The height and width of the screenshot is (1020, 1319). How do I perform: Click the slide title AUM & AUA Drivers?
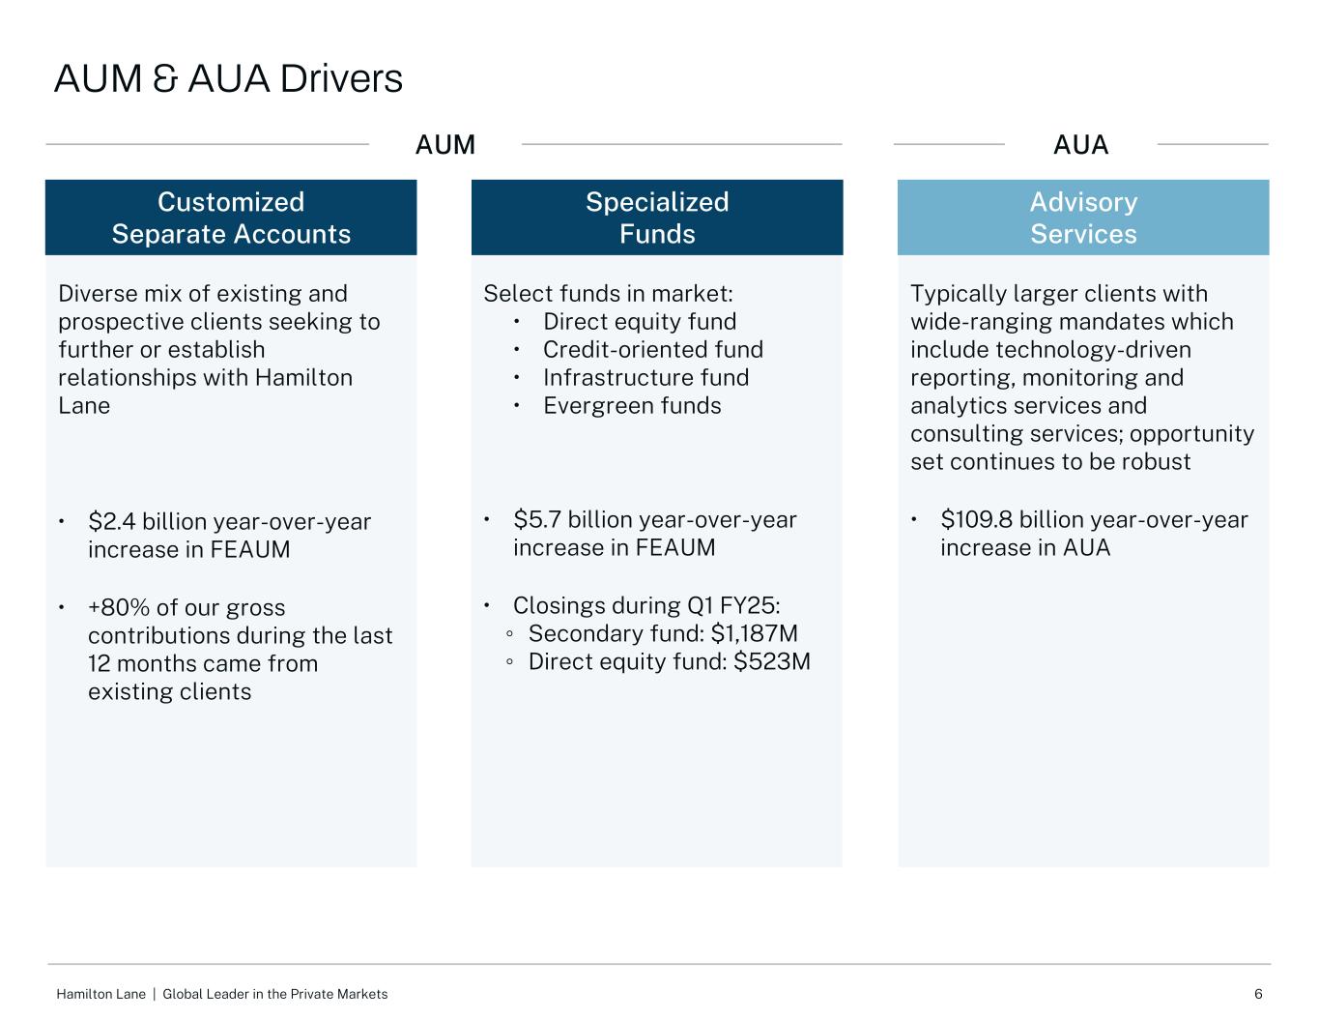[228, 78]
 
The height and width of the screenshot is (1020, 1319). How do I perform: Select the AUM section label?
[444, 145]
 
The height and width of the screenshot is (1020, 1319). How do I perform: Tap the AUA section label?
[1080, 145]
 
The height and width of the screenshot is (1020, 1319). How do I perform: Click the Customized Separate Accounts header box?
[231, 218]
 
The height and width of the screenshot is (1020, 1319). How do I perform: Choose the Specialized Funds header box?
[657, 218]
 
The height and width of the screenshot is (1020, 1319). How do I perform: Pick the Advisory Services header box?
[1083, 218]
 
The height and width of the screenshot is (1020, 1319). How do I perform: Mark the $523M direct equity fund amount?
[772, 662]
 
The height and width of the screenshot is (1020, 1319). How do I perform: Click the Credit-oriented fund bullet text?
[653, 350]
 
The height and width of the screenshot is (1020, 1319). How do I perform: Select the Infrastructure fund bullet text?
[645, 378]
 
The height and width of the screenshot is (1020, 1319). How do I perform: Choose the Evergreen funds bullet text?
[632, 406]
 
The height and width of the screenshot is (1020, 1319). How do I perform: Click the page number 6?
[1258, 994]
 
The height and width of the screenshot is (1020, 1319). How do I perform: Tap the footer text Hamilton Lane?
[100, 994]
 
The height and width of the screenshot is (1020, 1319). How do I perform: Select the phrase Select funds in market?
[608, 294]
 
